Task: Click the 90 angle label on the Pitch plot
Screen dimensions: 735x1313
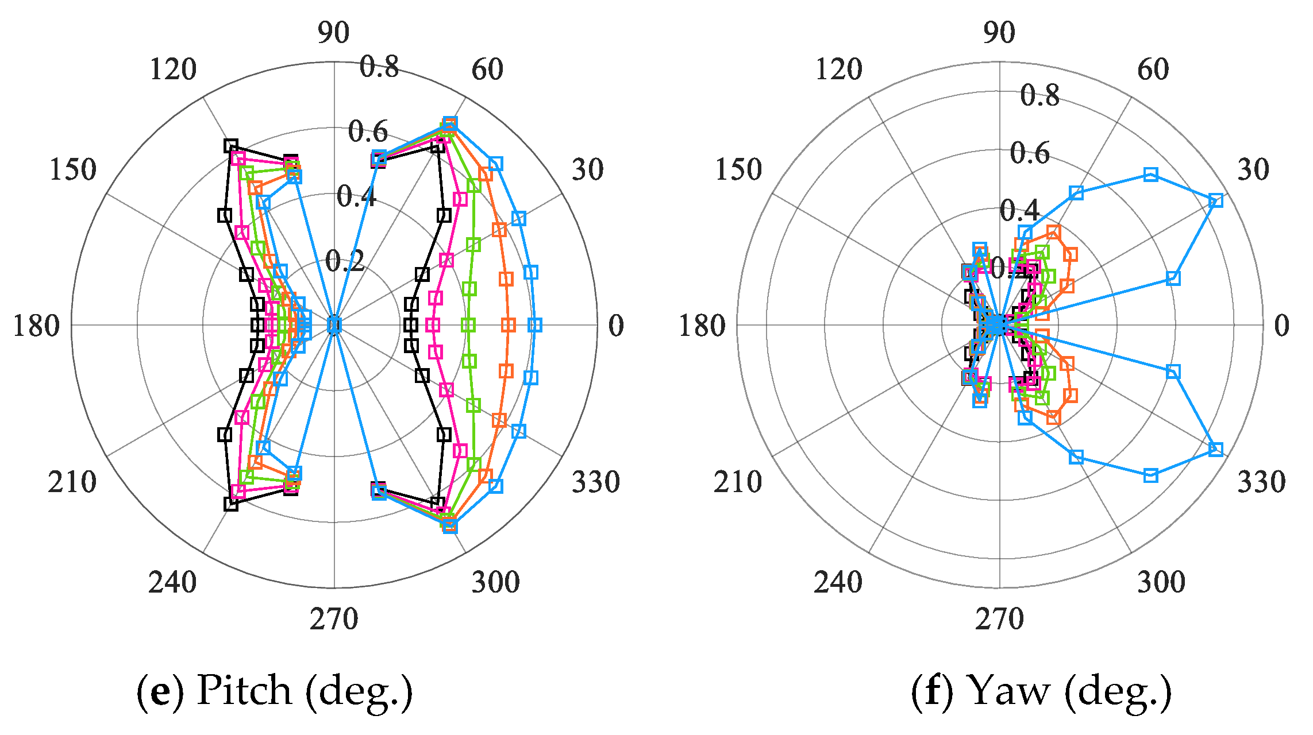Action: point(333,33)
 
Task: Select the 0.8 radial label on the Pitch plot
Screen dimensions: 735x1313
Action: point(379,67)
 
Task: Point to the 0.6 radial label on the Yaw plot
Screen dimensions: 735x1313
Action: point(1030,153)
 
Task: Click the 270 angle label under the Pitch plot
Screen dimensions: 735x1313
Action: point(334,619)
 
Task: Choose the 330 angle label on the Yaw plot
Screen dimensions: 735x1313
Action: point(1261,481)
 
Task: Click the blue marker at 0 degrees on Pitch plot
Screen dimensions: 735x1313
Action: point(535,326)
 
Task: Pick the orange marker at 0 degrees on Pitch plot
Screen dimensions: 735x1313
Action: point(508,326)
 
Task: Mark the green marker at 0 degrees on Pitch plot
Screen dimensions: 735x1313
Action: point(469,326)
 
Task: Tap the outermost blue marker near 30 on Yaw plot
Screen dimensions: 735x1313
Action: point(1216,200)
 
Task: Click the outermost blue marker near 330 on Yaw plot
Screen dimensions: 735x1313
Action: point(1216,449)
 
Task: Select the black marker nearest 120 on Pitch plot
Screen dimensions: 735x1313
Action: point(231,145)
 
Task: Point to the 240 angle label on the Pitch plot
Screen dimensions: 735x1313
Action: point(172,582)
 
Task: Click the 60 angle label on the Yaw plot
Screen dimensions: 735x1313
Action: point(1153,69)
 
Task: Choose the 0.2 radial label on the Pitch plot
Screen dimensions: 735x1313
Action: point(345,261)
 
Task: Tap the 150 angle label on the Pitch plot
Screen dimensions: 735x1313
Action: point(73,169)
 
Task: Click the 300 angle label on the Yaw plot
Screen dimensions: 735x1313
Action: point(1161,582)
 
